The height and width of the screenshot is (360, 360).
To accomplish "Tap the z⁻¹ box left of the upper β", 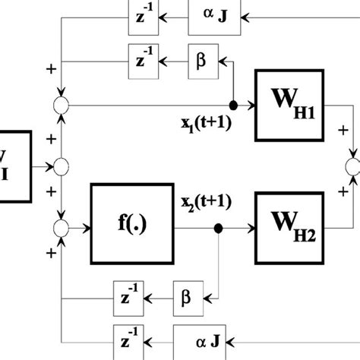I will click(x=141, y=59).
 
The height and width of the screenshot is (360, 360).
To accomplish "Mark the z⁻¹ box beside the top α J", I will click(x=141, y=14).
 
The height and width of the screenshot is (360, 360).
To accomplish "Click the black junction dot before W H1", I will click(x=233, y=106).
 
